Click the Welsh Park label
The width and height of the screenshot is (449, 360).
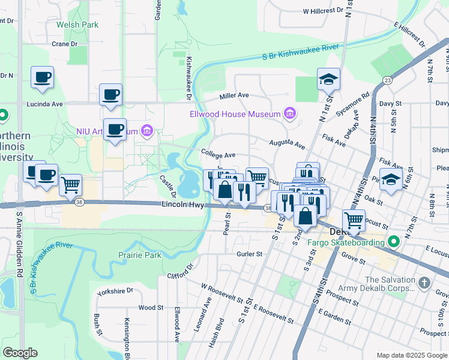click(77, 25)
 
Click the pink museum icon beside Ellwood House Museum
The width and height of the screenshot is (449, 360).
click(291, 113)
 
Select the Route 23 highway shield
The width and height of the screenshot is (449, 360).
click(387, 80)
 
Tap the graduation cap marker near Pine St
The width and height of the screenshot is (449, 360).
click(391, 179)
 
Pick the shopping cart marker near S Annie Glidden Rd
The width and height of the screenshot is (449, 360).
click(71, 185)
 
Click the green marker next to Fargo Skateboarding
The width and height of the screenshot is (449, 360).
click(393, 242)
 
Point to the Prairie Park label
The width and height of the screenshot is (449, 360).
click(141, 255)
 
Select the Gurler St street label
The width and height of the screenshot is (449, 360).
click(250, 254)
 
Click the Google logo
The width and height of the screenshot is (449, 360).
click(20, 353)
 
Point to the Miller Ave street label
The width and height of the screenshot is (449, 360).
click(234, 95)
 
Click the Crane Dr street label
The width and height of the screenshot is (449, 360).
click(65, 44)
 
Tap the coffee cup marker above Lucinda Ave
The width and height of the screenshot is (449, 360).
click(110, 95)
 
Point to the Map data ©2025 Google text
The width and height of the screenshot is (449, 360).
click(411, 355)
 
